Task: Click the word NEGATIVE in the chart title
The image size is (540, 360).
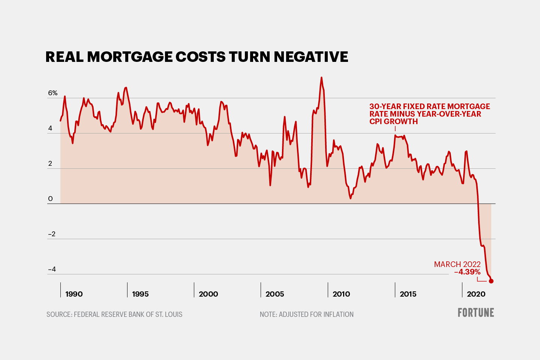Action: click(x=311, y=57)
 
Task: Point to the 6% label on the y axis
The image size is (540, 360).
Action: click(x=53, y=93)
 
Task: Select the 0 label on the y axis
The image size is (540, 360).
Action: click(x=51, y=199)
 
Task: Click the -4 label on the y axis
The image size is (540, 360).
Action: click(x=52, y=269)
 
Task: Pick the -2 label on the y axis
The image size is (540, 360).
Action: click(x=52, y=234)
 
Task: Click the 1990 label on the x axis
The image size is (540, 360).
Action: click(x=74, y=294)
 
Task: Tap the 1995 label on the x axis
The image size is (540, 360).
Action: click(x=141, y=294)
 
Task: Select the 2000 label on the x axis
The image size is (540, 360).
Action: click(x=208, y=294)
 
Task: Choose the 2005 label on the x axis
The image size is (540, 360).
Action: click(x=275, y=294)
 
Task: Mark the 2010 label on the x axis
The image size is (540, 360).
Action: click(x=341, y=294)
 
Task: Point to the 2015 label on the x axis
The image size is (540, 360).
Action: click(x=408, y=294)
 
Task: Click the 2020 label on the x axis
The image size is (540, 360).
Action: click(x=476, y=294)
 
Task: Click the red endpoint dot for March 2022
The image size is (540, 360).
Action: click(x=491, y=281)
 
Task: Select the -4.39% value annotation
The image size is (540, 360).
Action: click(x=467, y=272)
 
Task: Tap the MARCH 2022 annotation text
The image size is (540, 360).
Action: click(x=457, y=264)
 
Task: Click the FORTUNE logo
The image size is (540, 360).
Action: click(x=475, y=313)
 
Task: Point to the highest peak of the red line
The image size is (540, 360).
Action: click(x=321, y=78)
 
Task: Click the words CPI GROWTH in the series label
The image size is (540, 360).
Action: click(x=393, y=121)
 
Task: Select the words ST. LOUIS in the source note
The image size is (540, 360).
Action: click(x=169, y=314)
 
